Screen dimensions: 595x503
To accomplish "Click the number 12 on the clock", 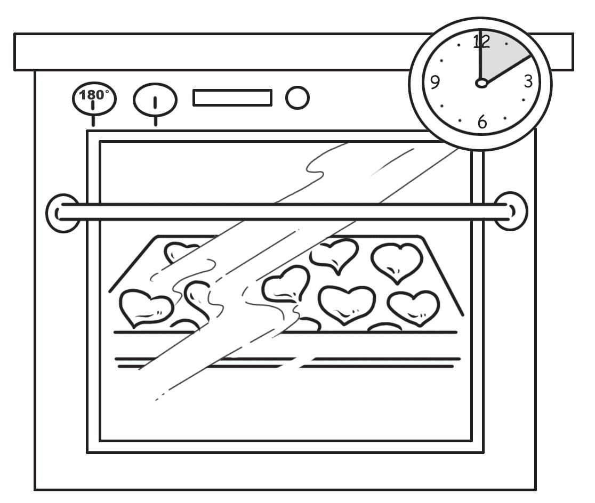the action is tap(481, 42).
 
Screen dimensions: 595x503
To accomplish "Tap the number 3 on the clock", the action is tap(528, 82).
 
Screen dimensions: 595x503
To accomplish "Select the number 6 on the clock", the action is tap(482, 122).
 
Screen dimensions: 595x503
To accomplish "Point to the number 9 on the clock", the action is tap(435, 83).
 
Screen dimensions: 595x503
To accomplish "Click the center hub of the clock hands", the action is tap(481, 83).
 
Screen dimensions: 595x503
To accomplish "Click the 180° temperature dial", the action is tap(94, 99).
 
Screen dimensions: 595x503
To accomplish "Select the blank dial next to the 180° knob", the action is tap(155, 100).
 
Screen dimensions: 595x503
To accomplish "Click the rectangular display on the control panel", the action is tap(232, 98).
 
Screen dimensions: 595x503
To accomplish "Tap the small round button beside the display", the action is tap(297, 98).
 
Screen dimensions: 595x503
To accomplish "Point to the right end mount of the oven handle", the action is tap(511, 212).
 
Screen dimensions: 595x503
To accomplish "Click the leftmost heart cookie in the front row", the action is tap(145, 308).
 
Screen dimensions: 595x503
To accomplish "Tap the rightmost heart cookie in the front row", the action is tap(414, 307).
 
